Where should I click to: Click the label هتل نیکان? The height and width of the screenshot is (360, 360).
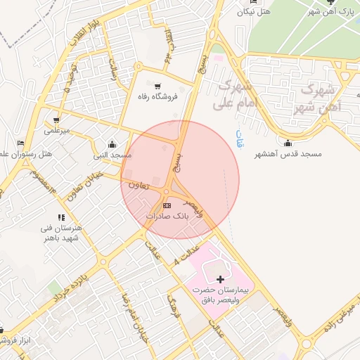point(254,11)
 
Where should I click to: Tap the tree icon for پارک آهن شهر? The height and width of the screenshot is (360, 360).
point(331,1)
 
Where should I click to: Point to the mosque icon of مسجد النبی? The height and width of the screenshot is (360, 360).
point(112,144)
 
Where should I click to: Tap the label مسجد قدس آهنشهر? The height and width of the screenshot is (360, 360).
point(290,153)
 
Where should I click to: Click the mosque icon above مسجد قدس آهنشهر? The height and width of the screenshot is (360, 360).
point(289,143)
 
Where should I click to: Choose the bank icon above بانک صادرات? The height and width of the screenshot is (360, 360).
point(167,205)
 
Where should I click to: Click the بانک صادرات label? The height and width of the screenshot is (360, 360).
point(167,217)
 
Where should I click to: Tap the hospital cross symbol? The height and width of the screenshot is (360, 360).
point(221,280)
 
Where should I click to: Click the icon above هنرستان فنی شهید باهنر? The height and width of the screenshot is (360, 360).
point(61,219)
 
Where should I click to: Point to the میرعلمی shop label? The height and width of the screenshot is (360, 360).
point(57,131)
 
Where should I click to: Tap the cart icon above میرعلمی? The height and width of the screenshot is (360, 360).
point(56,120)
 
